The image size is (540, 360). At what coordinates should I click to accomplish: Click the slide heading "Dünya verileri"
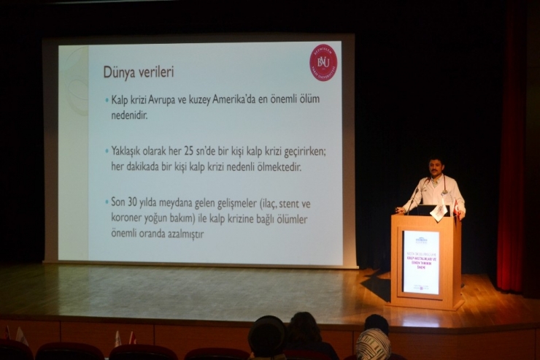138,72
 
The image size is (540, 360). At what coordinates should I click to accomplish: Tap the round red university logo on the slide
323,63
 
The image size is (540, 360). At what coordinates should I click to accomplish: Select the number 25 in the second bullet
197,151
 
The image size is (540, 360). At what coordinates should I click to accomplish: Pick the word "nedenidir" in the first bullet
132,114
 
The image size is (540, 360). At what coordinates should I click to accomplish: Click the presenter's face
436,169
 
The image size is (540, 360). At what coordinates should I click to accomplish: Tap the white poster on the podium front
421,262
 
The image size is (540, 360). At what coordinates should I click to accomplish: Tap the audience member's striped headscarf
373,343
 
